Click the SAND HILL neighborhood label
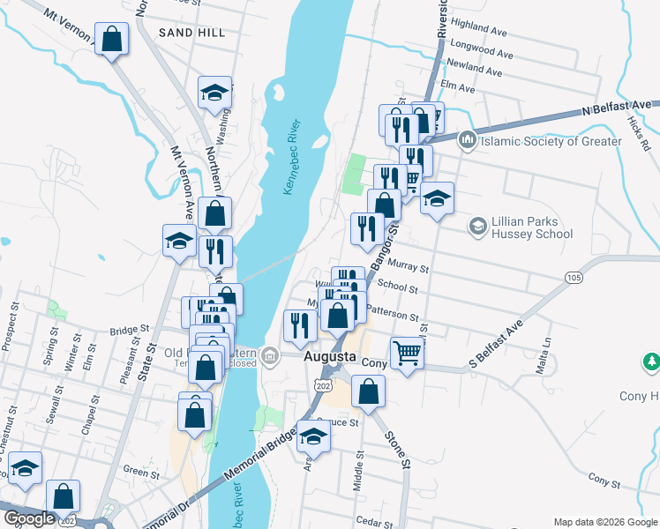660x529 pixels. click(191, 33)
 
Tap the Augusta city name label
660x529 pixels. click(329, 359)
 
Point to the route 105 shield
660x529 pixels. click(574, 278)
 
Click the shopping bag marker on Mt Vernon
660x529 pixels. click(112, 40)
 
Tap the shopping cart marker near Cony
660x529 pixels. click(408, 354)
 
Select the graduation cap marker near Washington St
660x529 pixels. click(214, 93)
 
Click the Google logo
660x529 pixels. click(29, 518)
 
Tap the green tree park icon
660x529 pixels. click(651, 361)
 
